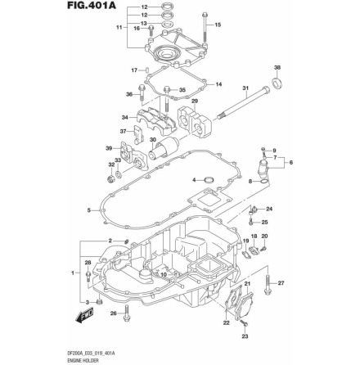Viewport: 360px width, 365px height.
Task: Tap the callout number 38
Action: tap(277, 68)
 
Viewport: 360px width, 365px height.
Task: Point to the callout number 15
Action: tap(217, 25)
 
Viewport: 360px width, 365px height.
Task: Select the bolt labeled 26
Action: tap(126, 312)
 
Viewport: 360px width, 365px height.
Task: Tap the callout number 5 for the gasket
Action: tap(88, 210)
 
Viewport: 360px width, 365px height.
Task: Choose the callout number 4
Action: tap(194, 179)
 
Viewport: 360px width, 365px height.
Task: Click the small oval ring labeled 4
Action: tap(208, 179)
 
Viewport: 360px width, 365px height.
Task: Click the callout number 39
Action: tap(108, 148)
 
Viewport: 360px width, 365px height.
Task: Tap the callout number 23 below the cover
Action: tap(244, 336)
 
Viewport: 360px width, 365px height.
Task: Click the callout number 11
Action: tap(119, 27)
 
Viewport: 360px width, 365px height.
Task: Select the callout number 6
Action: tap(290, 161)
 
